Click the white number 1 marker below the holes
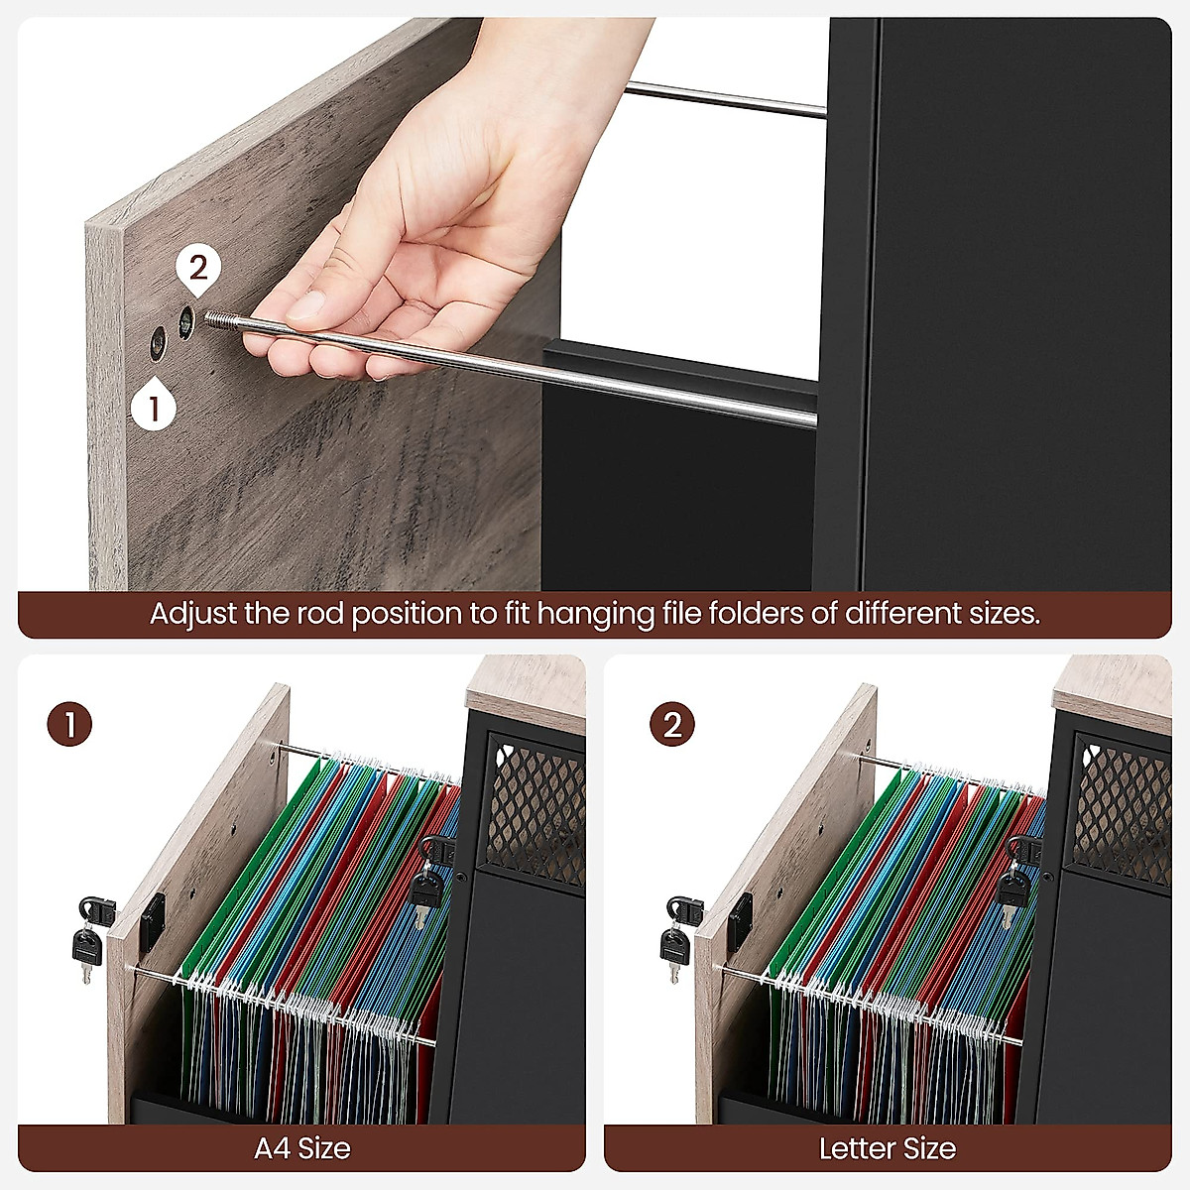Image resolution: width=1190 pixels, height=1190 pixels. [153, 407]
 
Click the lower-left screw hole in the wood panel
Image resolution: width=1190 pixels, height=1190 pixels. [157, 344]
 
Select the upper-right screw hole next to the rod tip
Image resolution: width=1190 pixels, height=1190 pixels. [185, 320]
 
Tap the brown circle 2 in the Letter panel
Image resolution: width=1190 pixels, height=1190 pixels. [672, 725]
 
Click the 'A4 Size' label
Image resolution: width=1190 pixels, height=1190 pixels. [302, 1148]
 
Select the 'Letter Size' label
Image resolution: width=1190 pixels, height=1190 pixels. [888, 1148]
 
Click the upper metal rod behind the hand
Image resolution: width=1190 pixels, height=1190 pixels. [724, 100]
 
